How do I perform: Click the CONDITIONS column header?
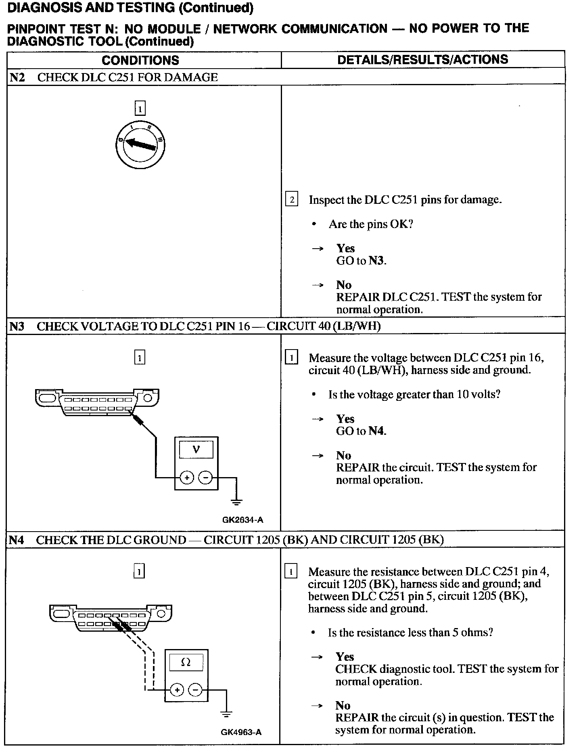(140, 60)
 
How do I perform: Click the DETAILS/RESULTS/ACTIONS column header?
(422, 60)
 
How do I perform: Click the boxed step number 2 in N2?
(291, 200)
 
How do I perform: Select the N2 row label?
(17, 77)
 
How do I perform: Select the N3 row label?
(17, 326)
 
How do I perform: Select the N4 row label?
(17, 540)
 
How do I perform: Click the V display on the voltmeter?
(196, 449)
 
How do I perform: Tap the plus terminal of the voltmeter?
(186, 478)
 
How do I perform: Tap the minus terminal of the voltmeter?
(206, 478)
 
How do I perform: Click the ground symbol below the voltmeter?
(236, 502)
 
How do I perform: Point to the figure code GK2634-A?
(242, 520)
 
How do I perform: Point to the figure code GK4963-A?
(241, 732)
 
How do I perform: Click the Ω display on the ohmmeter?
(186, 662)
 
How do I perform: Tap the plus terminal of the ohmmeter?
(177, 691)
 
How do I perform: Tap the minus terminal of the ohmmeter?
(196, 691)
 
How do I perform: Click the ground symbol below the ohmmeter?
(226, 715)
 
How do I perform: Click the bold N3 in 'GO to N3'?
(376, 261)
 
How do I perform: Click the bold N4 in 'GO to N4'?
(376, 431)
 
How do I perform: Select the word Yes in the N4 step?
(345, 657)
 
